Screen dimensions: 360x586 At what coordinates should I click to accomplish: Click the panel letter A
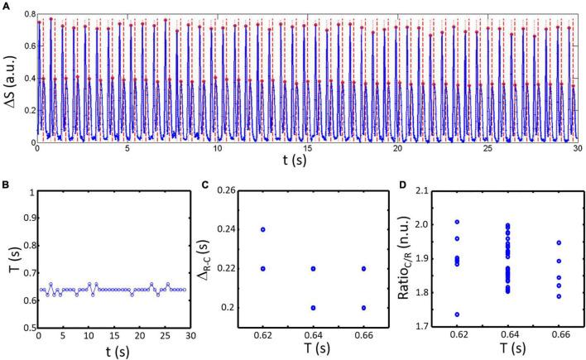5,6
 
